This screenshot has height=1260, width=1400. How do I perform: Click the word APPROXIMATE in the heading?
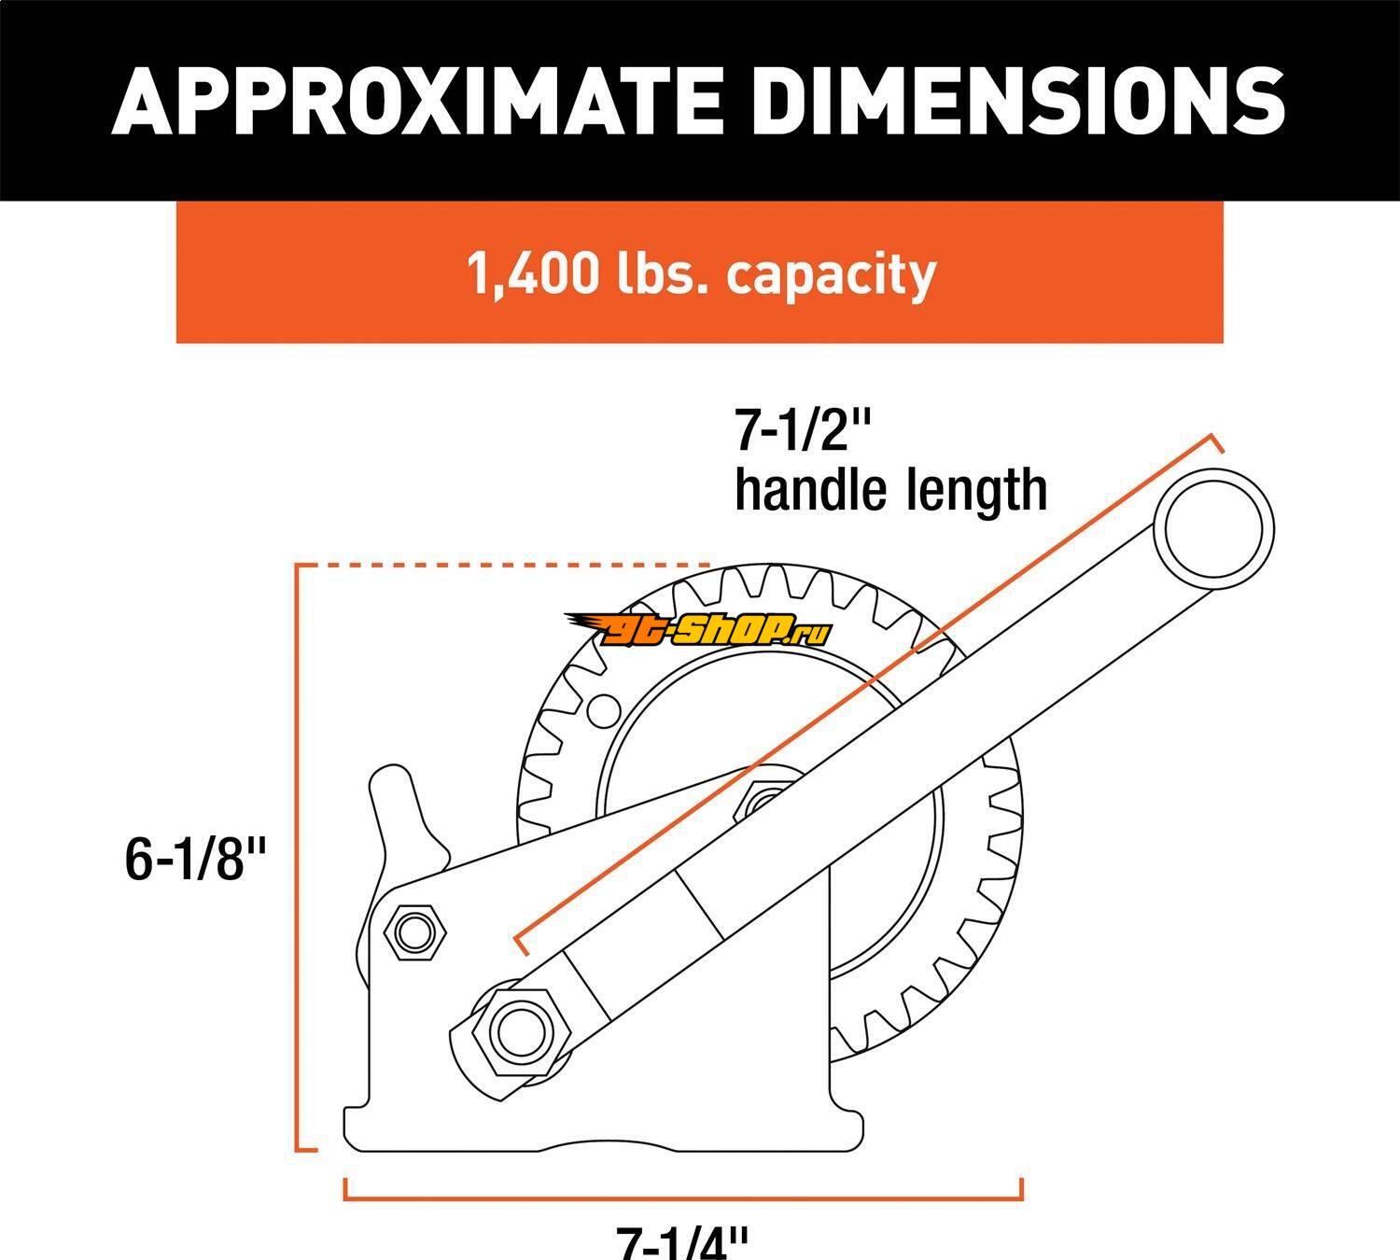point(416,101)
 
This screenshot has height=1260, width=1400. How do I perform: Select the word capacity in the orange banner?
point(831,276)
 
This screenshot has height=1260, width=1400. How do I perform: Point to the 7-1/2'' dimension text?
point(804,430)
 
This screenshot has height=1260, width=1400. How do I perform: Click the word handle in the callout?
point(810,491)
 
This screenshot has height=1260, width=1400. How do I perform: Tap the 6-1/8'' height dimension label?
point(195,859)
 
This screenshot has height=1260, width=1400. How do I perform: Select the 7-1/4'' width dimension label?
point(682,1243)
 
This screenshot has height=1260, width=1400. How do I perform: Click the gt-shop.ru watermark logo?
point(698,630)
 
